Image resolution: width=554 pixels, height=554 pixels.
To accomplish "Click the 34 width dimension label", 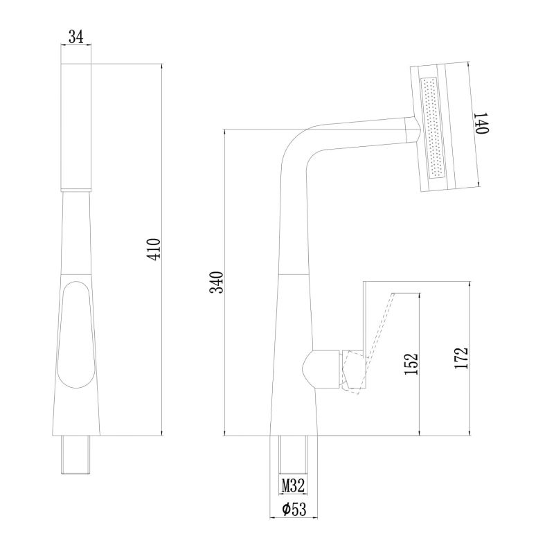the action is tap(76, 37).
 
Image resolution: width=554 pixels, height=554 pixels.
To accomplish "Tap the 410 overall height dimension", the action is tap(154, 249).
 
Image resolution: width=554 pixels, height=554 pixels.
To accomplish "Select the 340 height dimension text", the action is tap(217, 283).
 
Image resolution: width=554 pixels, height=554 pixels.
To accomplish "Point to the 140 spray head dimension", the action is tap(481, 123).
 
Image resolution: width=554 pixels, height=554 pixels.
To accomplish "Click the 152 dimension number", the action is tap(411, 364).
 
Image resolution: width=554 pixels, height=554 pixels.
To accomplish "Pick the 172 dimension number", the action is tap(461, 359).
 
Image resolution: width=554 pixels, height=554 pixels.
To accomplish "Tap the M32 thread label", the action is tap(293, 485).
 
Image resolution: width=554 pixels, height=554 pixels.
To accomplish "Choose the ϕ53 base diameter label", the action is tap(294, 509).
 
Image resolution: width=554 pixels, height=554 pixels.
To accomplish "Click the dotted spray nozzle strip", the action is tap(432, 127).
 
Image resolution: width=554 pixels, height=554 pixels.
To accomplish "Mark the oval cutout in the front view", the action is tap(77, 334).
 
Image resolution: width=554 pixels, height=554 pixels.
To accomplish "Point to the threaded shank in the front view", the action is tap(76, 454).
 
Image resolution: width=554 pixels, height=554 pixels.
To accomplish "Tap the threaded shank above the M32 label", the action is tap(293, 454).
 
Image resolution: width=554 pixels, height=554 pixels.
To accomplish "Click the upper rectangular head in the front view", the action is tap(76, 127).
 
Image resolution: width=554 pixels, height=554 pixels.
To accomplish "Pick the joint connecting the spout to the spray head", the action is tap(411, 130).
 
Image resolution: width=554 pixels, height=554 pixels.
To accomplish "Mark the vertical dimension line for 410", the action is tap(162, 249).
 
